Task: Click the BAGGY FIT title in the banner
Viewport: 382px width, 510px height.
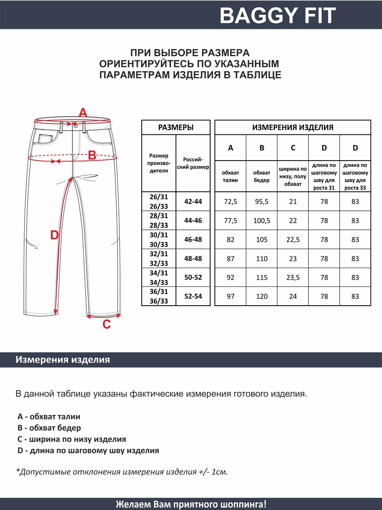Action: [278, 16]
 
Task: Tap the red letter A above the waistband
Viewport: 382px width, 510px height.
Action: [83, 113]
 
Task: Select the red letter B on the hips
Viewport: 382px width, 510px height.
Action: [92, 156]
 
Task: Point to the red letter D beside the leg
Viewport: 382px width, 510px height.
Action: [54, 235]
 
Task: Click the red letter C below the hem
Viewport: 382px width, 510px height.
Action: [107, 325]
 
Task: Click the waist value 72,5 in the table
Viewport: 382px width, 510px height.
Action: [230, 201]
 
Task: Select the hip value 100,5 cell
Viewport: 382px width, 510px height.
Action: [261, 221]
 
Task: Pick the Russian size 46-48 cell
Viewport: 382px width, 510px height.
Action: [193, 240]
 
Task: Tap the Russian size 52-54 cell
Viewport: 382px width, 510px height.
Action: [193, 297]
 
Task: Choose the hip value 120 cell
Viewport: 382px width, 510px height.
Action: [261, 297]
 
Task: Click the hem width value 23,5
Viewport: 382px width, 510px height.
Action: [293, 278]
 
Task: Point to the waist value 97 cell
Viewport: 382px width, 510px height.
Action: [230, 297]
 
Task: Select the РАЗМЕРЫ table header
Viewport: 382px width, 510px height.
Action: [176, 127]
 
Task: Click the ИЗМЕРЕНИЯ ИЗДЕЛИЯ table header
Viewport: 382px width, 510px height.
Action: [293, 127]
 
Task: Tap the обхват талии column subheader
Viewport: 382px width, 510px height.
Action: [230, 176]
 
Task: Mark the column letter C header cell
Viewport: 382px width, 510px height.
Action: [293, 148]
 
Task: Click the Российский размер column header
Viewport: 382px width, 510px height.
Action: [193, 164]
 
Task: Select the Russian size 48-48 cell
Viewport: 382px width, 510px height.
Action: [193, 259]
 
